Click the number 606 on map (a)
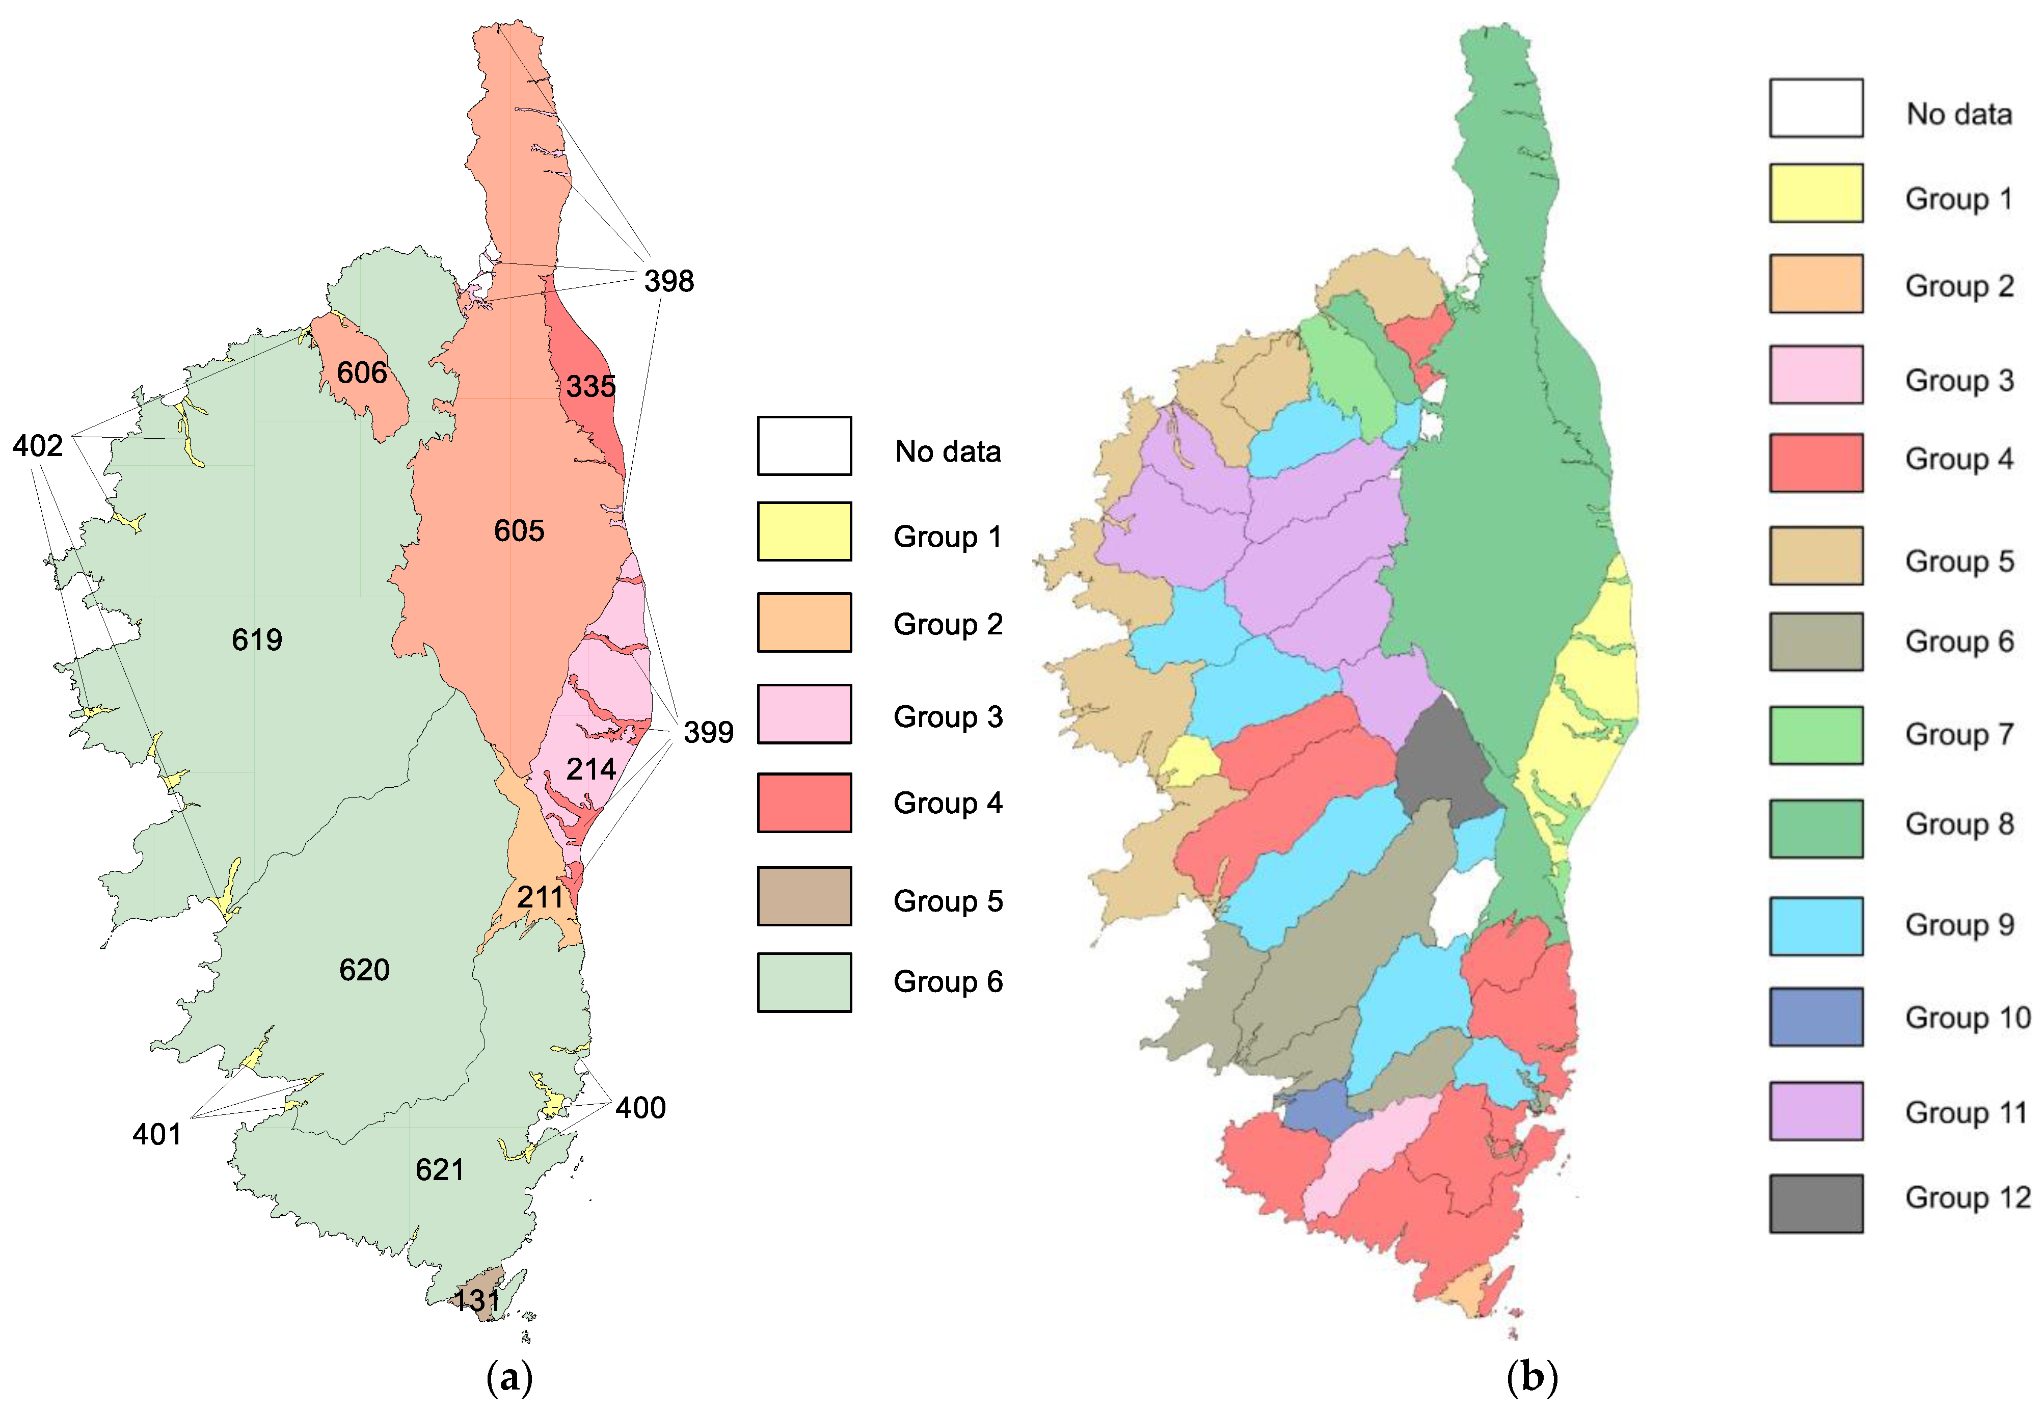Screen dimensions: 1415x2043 point(362,372)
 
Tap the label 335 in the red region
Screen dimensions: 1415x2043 point(590,387)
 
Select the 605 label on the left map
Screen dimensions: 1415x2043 point(519,531)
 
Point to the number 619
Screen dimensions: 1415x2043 point(257,639)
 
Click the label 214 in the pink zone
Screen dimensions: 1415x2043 point(590,769)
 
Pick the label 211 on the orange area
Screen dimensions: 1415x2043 point(540,897)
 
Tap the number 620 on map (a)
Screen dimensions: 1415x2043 point(364,970)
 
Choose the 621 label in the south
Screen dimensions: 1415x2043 point(440,1170)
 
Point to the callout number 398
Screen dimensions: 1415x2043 point(669,281)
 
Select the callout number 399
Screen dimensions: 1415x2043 point(708,732)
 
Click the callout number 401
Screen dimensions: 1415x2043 point(157,1134)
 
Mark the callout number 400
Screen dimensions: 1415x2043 point(640,1107)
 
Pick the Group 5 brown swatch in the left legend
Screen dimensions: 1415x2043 point(804,896)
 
